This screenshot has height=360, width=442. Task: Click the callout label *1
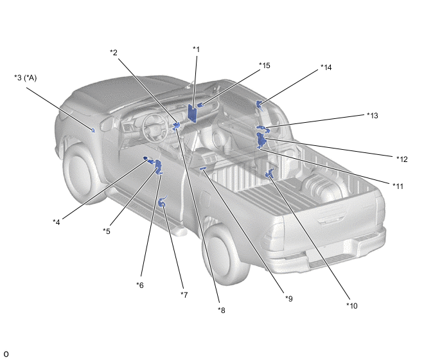pos(196,50)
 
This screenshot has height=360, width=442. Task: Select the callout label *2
pos(114,53)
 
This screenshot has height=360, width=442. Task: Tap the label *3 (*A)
pos(25,78)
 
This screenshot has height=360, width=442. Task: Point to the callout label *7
pos(184,295)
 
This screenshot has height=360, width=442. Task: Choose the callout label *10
pos(352,305)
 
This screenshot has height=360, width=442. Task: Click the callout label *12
pos(402,159)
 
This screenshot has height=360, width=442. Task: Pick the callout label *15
pos(265,66)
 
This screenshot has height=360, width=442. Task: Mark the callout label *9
pos(289,298)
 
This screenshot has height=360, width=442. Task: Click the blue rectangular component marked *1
pos(192,113)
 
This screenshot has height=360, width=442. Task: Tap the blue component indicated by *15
pos(201,105)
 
